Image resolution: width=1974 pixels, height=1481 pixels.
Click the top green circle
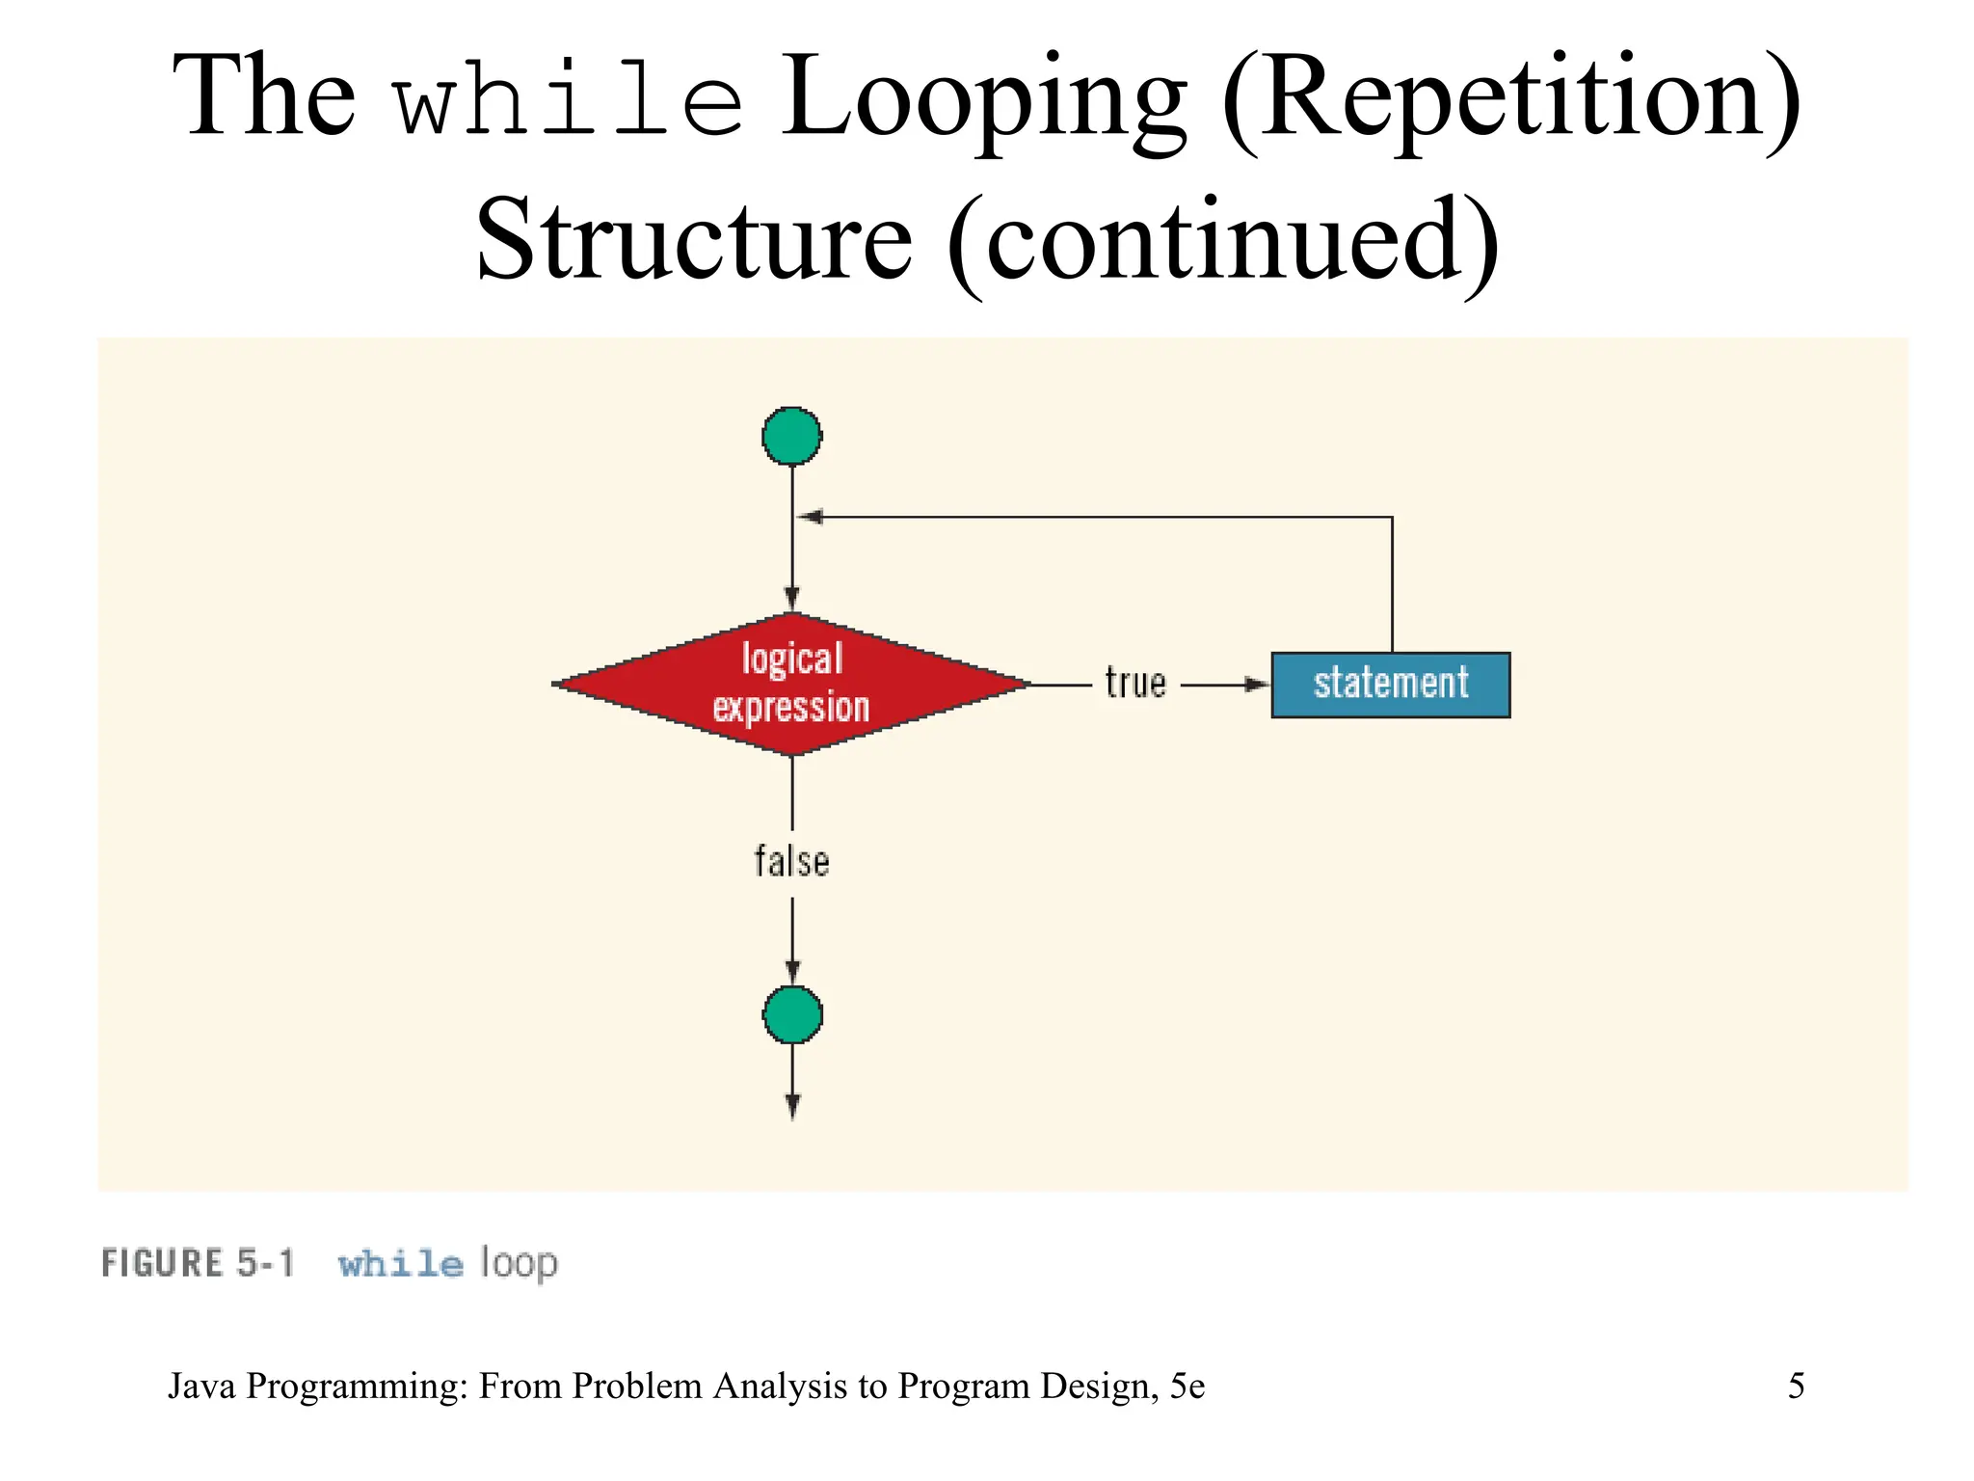coord(791,436)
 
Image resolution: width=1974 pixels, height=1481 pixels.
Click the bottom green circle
coord(792,1014)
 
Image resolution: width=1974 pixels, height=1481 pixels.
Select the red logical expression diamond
coord(791,684)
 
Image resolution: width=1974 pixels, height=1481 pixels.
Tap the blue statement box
coord(1390,685)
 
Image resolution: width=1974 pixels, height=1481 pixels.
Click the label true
coord(1134,684)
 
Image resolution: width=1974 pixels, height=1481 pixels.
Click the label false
coord(791,862)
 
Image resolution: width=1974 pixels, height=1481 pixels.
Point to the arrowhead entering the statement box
coord(1257,685)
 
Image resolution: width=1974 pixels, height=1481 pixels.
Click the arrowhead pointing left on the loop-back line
coord(811,517)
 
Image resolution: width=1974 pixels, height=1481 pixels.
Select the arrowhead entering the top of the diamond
coord(792,598)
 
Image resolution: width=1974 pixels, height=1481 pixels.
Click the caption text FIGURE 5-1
coord(198,1263)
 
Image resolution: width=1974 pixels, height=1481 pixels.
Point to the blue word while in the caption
coord(400,1263)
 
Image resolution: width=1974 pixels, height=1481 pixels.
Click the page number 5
coord(1796,1386)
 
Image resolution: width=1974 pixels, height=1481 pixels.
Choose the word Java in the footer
coord(201,1386)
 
